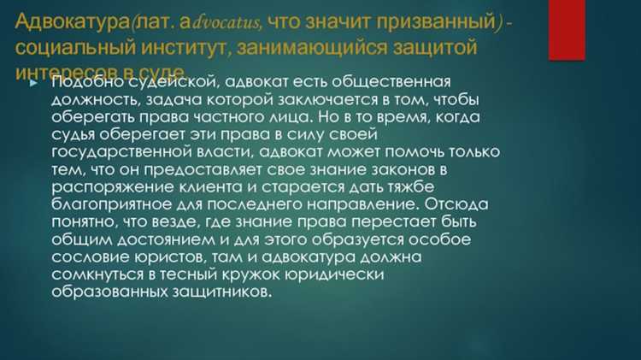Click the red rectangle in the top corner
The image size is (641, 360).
coord(566,30)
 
